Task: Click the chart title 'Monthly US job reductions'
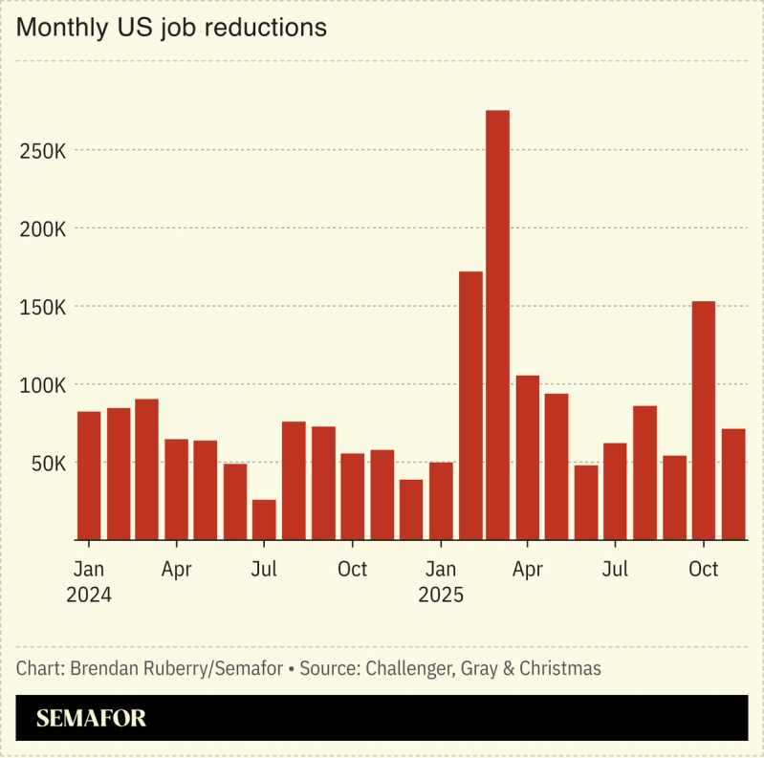(x=171, y=28)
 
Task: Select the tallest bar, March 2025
(x=497, y=324)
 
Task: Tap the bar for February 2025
(x=470, y=405)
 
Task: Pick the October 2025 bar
(x=704, y=420)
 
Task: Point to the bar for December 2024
(x=411, y=509)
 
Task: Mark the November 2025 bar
(x=733, y=484)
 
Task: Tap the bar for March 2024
(x=146, y=468)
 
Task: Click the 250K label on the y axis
(x=41, y=151)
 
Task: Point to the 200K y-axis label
(x=41, y=229)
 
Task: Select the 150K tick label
(x=41, y=308)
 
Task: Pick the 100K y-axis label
(x=41, y=385)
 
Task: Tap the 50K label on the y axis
(x=46, y=464)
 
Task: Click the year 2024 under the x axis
(x=89, y=595)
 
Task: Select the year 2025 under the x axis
(x=441, y=595)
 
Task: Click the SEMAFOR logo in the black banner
(x=92, y=719)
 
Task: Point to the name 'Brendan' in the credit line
(x=103, y=668)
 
